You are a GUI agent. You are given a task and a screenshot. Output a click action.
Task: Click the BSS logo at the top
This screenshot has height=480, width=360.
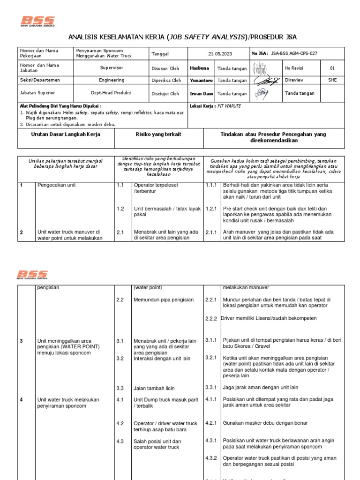(38, 22)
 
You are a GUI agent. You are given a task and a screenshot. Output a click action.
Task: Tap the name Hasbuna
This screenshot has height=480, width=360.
(199, 68)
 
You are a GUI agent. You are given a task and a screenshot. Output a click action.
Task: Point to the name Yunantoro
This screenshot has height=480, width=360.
(201, 81)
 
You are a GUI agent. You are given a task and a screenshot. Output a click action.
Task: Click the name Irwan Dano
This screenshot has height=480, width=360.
(201, 94)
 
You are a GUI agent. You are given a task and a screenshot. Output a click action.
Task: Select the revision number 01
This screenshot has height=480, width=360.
(332, 68)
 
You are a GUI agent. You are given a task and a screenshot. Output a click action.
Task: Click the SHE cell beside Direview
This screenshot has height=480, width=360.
(332, 80)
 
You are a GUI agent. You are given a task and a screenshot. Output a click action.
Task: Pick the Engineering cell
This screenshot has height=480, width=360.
(112, 80)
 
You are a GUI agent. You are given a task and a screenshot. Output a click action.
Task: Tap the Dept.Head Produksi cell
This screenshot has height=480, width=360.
(112, 93)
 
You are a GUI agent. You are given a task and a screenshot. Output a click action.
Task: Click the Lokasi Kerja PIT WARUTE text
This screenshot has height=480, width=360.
(215, 106)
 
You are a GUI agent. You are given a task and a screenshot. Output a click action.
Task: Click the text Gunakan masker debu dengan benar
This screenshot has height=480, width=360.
(265, 423)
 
